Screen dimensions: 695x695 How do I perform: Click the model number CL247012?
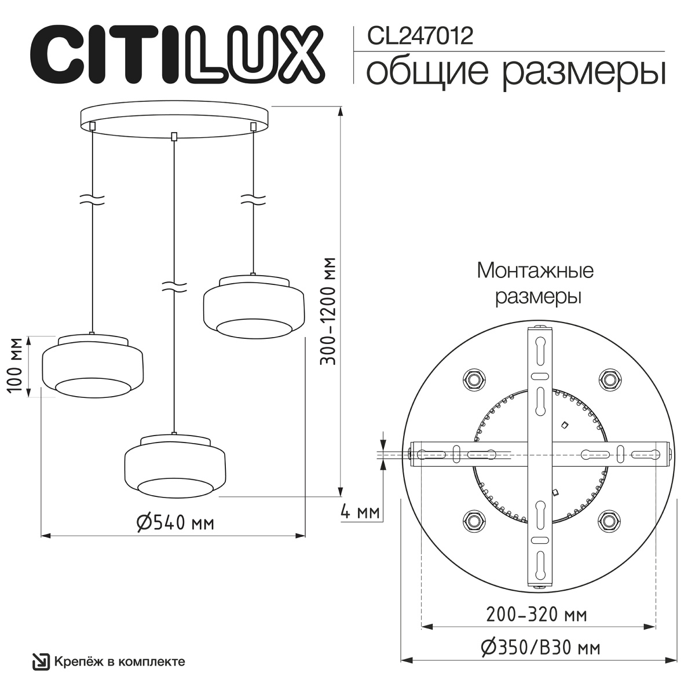pyautogui.click(x=420, y=36)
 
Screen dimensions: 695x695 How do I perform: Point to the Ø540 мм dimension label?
pyautogui.click(x=175, y=522)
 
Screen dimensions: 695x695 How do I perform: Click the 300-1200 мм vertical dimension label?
pyautogui.click(x=329, y=310)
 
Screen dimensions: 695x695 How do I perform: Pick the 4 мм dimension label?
pyautogui.click(x=360, y=512)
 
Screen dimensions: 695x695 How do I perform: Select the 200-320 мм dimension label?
pyautogui.click(x=536, y=614)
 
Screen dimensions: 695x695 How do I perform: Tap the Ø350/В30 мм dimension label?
pyautogui.click(x=540, y=648)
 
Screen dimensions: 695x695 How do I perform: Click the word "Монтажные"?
pyautogui.click(x=535, y=270)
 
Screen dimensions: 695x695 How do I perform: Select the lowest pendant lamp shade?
pyautogui.click(x=175, y=466)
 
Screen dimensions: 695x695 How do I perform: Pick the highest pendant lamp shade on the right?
pyautogui.click(x=253, y=306)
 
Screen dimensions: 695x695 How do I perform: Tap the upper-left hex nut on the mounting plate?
pyautogui.click(x=474, y=379)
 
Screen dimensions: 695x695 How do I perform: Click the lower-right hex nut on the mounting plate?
pyautogui.click(x=608, y=520)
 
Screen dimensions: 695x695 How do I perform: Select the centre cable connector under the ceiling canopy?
pyautogui.click(x=174, y=137)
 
